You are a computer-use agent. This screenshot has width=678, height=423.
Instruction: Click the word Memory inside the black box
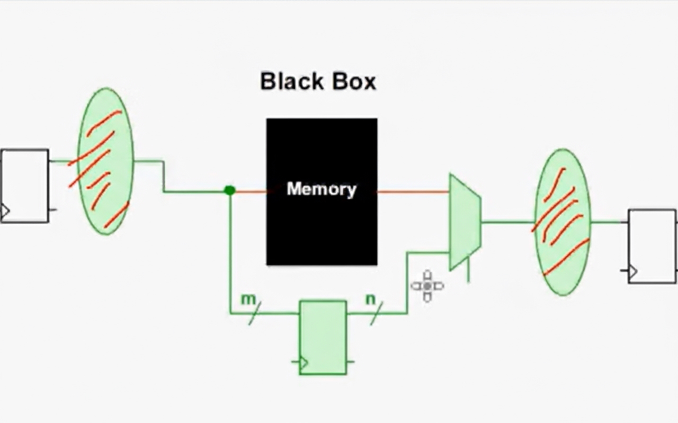[321, 189]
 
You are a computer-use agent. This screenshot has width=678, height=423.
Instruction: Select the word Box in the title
[354, 81]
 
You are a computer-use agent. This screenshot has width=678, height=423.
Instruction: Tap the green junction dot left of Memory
[229, 190]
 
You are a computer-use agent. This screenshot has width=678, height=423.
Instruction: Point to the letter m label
[248, 299]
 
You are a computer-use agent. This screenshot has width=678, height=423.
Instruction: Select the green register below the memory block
[323, 337]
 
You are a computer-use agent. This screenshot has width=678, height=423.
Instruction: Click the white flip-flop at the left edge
[24, 186]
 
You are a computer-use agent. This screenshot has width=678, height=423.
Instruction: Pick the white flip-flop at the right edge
[652, 246]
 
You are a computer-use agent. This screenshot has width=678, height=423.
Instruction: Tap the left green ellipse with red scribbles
[105, 161]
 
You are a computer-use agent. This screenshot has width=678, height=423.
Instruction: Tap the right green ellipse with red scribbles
[563, 222]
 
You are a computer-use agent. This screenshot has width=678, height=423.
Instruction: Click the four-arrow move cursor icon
[427, 286]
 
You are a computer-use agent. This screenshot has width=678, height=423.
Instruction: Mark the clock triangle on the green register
[303, 363]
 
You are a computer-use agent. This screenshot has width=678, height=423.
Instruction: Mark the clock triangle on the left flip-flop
[5, 212]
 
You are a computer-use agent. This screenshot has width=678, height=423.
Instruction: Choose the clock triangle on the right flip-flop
[632, 272]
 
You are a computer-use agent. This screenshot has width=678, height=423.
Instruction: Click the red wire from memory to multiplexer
[413, 191]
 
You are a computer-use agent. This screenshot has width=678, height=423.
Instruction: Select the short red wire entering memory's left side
[251, 191]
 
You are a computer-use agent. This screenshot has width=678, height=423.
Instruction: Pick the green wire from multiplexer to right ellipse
[507, 222]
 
